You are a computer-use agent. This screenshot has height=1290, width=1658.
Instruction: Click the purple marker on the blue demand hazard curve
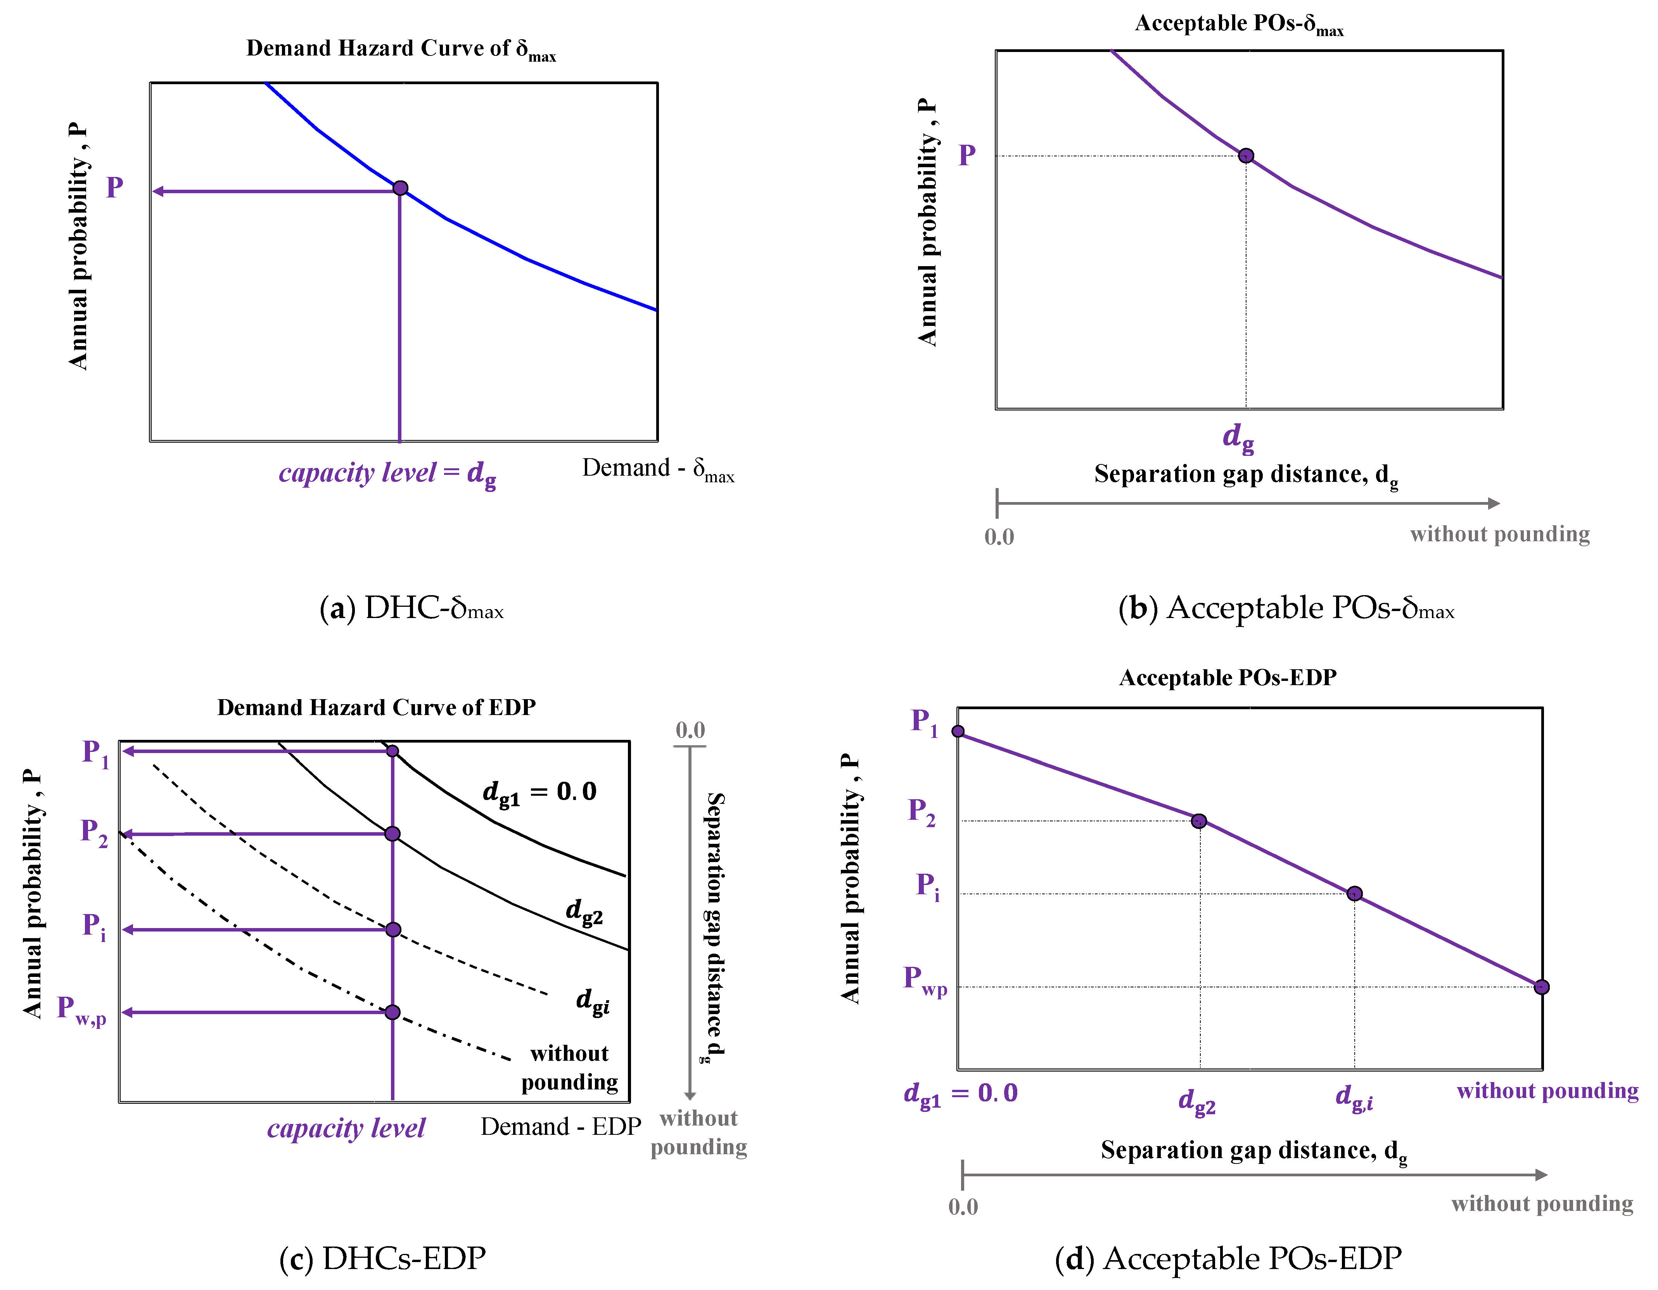point(400,187)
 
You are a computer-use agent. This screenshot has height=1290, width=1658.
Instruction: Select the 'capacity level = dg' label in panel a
point(387,473)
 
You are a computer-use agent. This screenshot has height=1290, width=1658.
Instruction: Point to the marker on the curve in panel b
point(1246,156)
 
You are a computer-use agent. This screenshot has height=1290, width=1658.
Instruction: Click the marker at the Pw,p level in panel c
point(392,1012)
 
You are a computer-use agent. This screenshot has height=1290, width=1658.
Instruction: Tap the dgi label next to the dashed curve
point(592,1001)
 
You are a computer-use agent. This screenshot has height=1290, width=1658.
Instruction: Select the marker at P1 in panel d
point(958,731)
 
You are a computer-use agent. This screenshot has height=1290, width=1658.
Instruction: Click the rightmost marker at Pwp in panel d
point(1541,987)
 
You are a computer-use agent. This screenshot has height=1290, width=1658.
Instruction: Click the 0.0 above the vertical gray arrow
point(690,731)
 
